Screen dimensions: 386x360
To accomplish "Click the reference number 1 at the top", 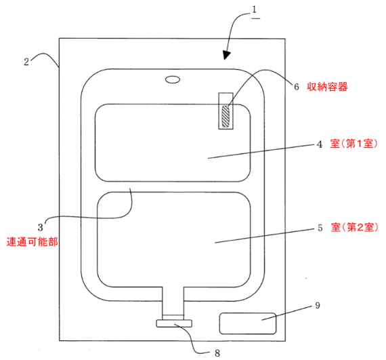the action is tap(255, 10).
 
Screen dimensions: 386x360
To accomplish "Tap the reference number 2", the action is tap(26, 62).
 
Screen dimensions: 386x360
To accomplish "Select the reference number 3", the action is tap(41, 227).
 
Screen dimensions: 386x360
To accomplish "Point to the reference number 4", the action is tap(319, 144).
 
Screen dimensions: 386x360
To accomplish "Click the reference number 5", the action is tap(320, 228).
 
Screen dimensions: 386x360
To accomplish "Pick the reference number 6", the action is tap(297, 87).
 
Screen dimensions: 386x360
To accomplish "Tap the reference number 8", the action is tap(217, 353).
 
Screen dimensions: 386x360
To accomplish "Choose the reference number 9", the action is tap(318, 306).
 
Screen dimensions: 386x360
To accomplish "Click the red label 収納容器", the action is tap(327, 87).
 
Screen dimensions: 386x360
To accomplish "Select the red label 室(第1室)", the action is tap(353, 144).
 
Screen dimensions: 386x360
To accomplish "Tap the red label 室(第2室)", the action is tap(354, 227).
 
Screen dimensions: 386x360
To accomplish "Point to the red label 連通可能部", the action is tap(33, 242).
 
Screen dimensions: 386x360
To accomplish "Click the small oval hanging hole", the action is tap(173, 79).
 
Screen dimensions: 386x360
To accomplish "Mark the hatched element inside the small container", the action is tap(226, 116).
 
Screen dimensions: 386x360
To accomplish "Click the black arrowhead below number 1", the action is tap(226, 55).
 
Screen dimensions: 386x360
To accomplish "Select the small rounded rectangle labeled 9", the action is tap(248, 323).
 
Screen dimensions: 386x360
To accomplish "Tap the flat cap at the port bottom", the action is tap(174, 323).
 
